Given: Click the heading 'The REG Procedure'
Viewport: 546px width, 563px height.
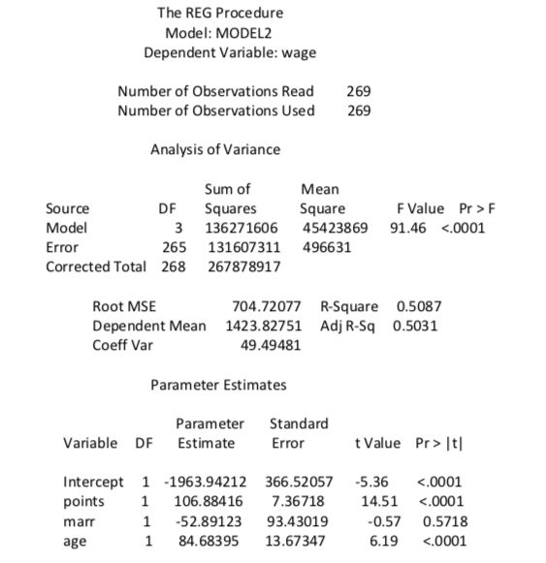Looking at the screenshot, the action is (x=220, y=13).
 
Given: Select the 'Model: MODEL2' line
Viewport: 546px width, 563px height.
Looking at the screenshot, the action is (x=220, y=32).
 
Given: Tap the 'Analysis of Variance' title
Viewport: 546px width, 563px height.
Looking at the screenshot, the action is (x=214, y=149).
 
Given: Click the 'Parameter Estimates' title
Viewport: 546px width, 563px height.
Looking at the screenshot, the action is (x=218, y=385).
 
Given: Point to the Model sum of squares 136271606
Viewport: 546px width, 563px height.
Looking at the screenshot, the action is (x=241, y=228).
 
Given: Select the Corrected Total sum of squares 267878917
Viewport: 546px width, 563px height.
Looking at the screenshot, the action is (x=241, y=266).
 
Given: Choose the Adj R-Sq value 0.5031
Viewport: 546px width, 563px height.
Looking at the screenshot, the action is (x=415, y=325).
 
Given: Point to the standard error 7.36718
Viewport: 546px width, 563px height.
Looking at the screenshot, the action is (x=301, y=501).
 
